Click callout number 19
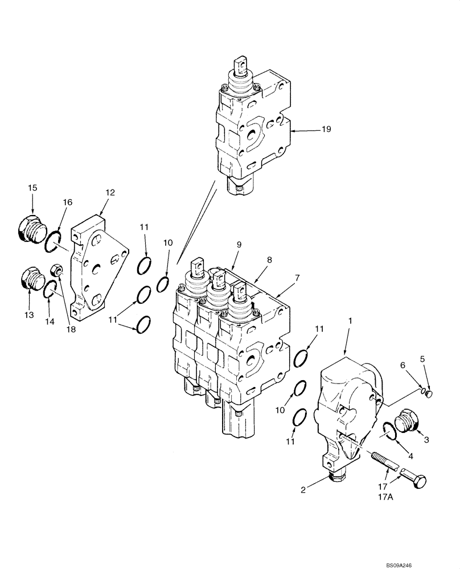click(x=326, y=130)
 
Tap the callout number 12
click(x=110, y=193)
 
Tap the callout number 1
click(x=351, y=321)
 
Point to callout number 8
click(x=269, y=259)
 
